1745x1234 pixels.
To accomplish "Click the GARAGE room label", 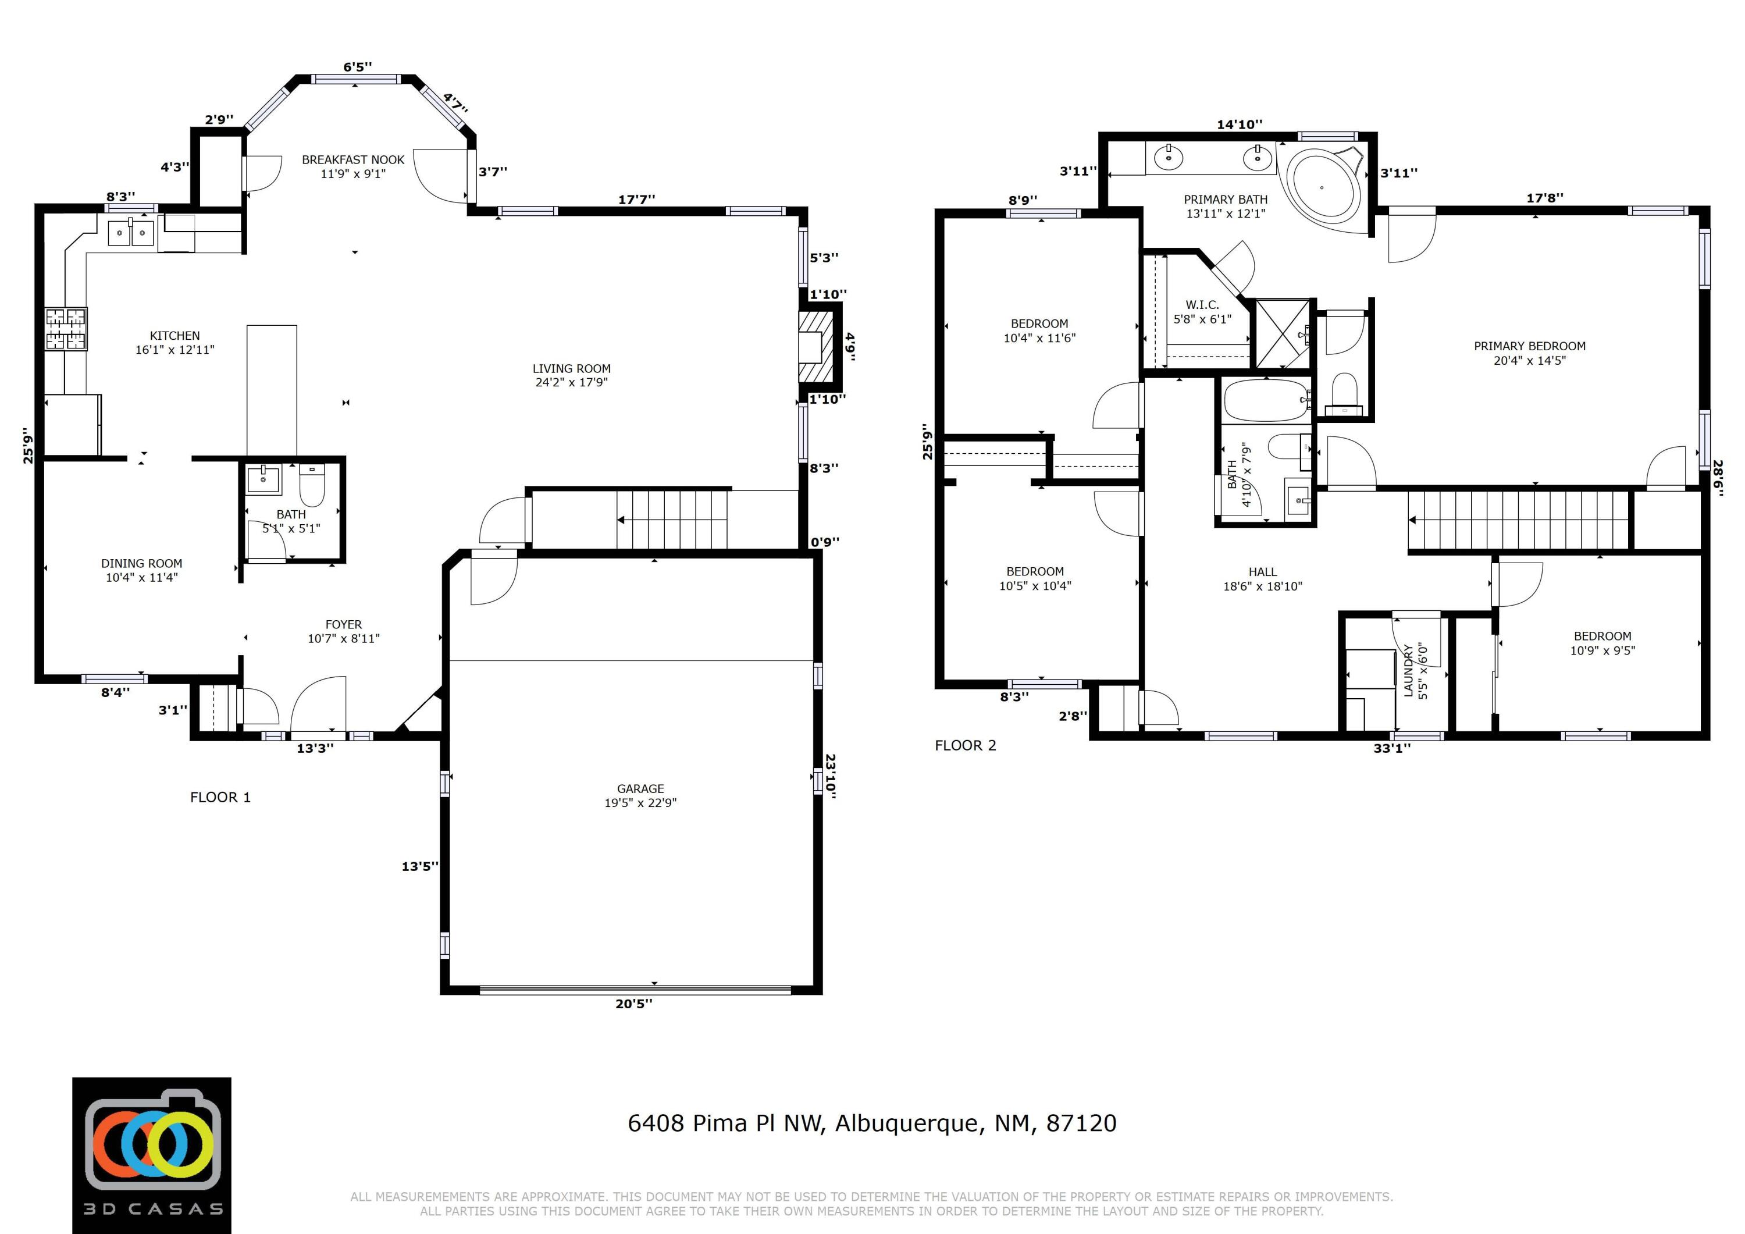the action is (x=640, y=788).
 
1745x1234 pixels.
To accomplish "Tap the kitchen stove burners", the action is (x=66, y=329).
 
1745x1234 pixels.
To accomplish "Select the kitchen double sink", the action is (x=131, y=232).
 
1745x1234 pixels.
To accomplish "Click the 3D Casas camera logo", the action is (x=152, y=1155).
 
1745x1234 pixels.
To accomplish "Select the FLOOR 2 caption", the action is (x=964, y=745).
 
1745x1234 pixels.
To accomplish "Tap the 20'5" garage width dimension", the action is (x=634, y=1004).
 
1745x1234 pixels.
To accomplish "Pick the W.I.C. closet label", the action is (x=1202, y=305).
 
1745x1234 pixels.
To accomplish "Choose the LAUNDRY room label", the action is (x=1408, y=671).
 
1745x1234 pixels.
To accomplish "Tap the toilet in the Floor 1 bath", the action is (x=312, y=485).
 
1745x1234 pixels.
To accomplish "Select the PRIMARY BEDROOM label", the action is (x=1529, y=346).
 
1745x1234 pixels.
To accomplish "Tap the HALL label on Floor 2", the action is (x=1262, y=572).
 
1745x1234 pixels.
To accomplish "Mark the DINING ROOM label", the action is (x=141, y=563).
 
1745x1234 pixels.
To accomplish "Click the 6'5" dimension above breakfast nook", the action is (x=357, y=67).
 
